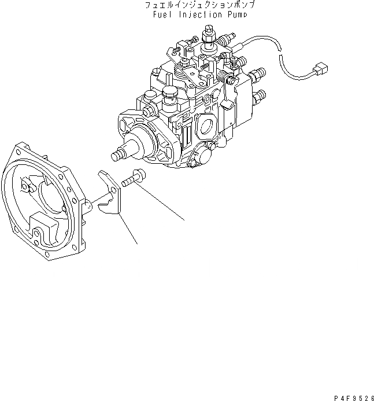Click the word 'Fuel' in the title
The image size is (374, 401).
(162, 15)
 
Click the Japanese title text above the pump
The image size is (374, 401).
(197, 5)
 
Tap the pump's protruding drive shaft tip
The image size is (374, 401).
(117, 155)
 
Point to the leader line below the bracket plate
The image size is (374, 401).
(128, 229)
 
